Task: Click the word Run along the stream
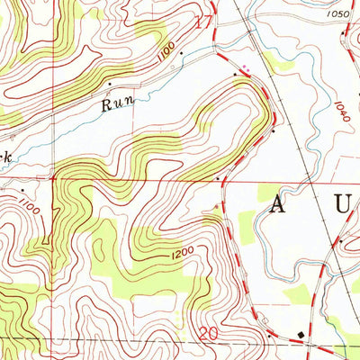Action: [116, 103]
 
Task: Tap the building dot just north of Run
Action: [110, 84]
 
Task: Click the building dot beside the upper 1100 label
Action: [181, 53]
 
